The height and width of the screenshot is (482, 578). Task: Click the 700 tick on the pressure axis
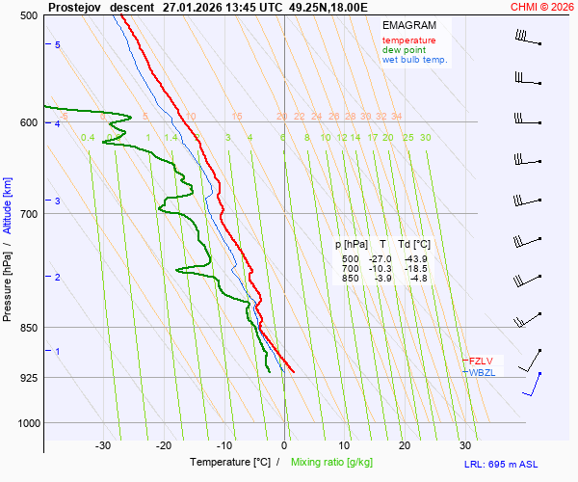(29, 213)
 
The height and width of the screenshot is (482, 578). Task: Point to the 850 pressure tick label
(29, 328)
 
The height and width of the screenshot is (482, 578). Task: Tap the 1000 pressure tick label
(27, 423)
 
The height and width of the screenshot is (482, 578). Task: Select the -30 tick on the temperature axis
(103, 445)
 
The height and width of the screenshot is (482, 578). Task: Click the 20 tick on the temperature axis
(405, 445)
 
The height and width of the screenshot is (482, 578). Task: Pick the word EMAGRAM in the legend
(408, 24)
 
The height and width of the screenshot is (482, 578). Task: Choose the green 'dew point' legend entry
(405, 50)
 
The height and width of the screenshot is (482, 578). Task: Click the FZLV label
(481, 361)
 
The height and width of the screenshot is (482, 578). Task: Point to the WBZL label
(482, 372)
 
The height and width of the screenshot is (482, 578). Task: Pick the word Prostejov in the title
(74, 7)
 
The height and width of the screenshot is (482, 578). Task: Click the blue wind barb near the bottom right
(533, 385)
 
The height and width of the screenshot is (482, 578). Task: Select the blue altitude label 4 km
(58, 124)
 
